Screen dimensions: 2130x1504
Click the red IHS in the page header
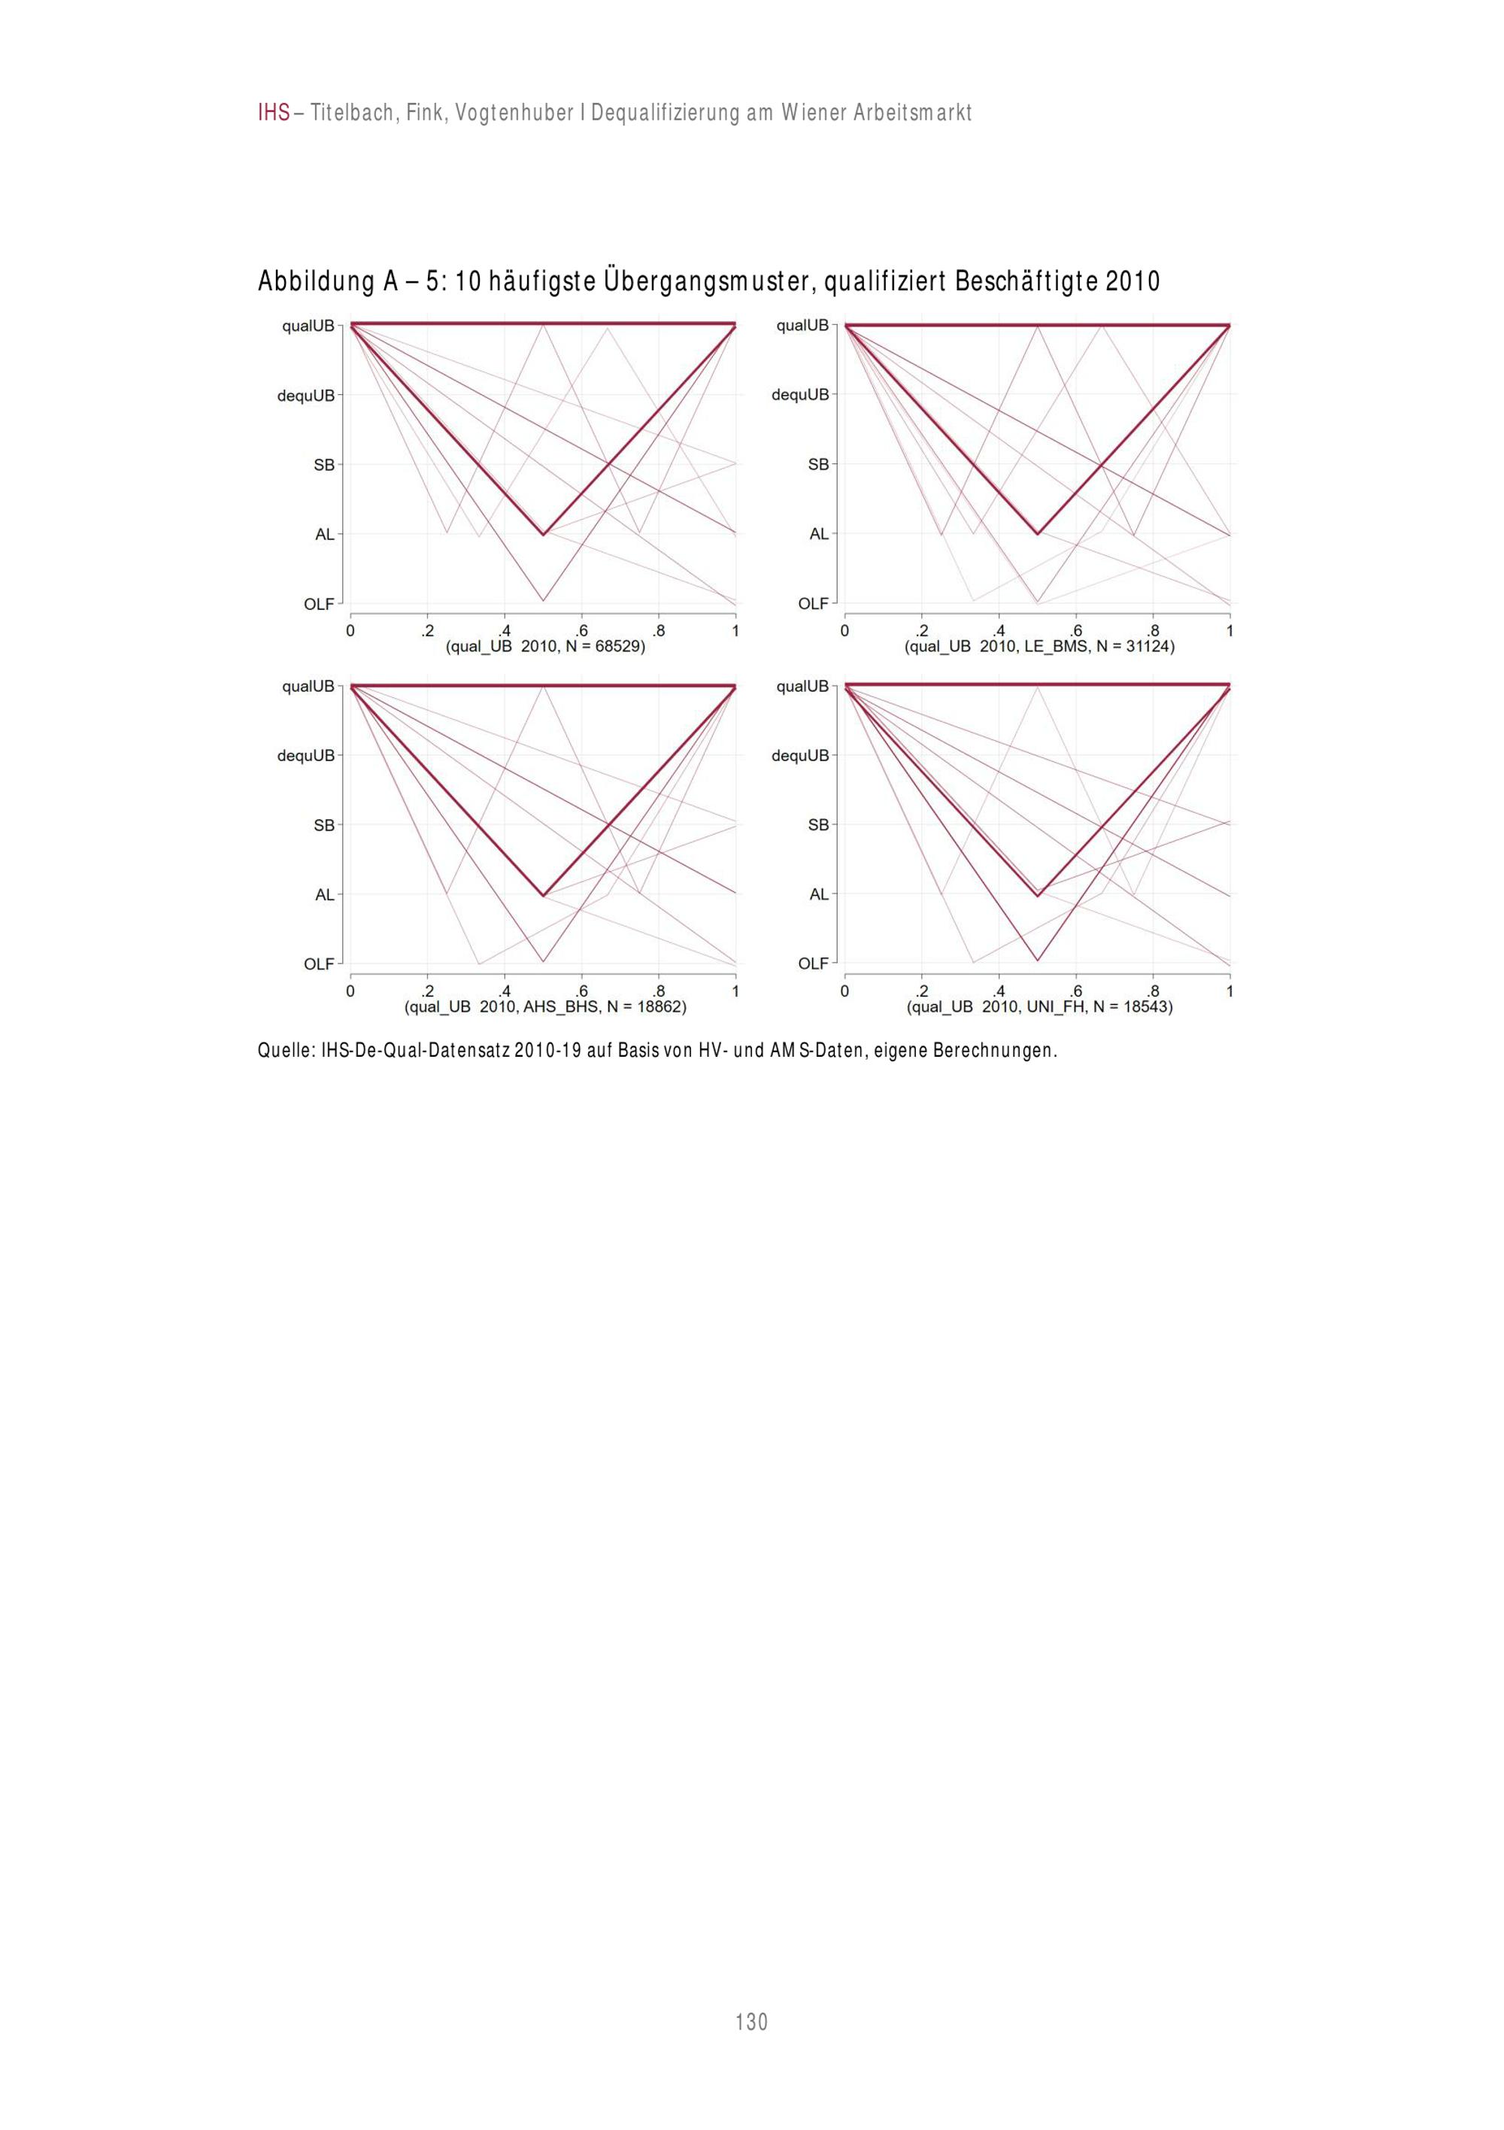pos(274,113)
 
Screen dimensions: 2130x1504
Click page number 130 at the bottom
pos(751,2022)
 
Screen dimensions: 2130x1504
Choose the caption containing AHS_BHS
pos(545,1006)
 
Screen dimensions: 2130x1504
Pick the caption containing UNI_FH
pos(1039,1006)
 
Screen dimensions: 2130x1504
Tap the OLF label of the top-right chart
pos(814,604)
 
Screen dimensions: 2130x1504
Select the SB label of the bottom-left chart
pos(324,825)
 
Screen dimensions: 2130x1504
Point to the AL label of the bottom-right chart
pos(818,894)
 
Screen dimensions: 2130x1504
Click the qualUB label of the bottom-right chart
pos(802,686)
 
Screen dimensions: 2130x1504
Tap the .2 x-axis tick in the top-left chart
pos(428,631)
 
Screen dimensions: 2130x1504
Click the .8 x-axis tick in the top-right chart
pos(1154,631)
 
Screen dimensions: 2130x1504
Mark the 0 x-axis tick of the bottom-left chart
pos(350,992)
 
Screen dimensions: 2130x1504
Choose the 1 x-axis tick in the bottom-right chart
pos(1230,992)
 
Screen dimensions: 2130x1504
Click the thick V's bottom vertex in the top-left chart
pos(543,534)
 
